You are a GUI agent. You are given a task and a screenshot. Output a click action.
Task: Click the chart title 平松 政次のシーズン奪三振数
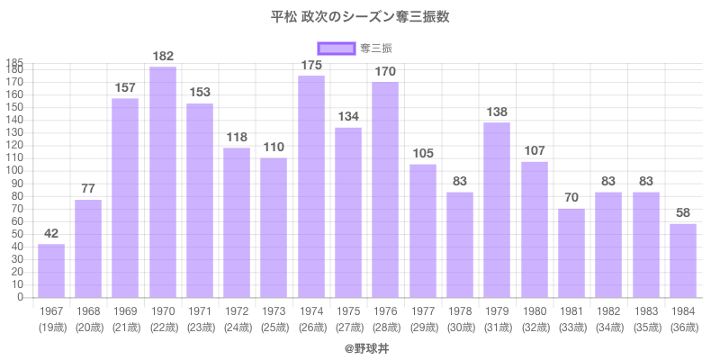tap(360, 17)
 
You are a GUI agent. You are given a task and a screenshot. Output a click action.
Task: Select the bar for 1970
tap(162, 182)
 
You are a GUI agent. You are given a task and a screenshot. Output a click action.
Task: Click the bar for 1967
tap(51, 270)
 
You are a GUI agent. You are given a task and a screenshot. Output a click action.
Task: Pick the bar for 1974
tap(311, 186)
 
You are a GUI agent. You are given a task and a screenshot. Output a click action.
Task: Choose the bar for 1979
tap(497, 210)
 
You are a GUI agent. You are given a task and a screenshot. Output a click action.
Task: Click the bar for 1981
tap(571, 253)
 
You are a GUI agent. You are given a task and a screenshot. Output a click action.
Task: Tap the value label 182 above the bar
tap(162, 57)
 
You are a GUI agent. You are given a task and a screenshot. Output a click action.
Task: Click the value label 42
tap(51, 234)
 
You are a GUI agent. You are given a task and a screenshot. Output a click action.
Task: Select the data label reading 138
tap(497, 112)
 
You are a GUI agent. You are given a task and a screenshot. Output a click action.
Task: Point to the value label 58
tap(683, 214)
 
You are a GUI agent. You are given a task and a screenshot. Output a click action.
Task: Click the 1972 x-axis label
tap(237, 310)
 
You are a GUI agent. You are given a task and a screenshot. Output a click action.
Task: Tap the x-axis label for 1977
tap(423, 310)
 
